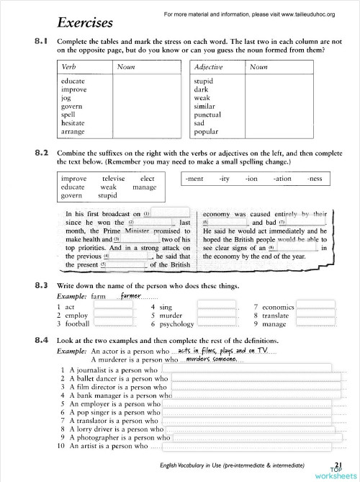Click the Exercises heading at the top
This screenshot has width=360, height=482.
(85, 22)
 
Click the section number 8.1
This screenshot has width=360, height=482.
(41, 42)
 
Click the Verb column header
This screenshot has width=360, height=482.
(70, 66)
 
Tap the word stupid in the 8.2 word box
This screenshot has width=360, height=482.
(108, 195)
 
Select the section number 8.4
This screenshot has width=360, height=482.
(41, 339)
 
